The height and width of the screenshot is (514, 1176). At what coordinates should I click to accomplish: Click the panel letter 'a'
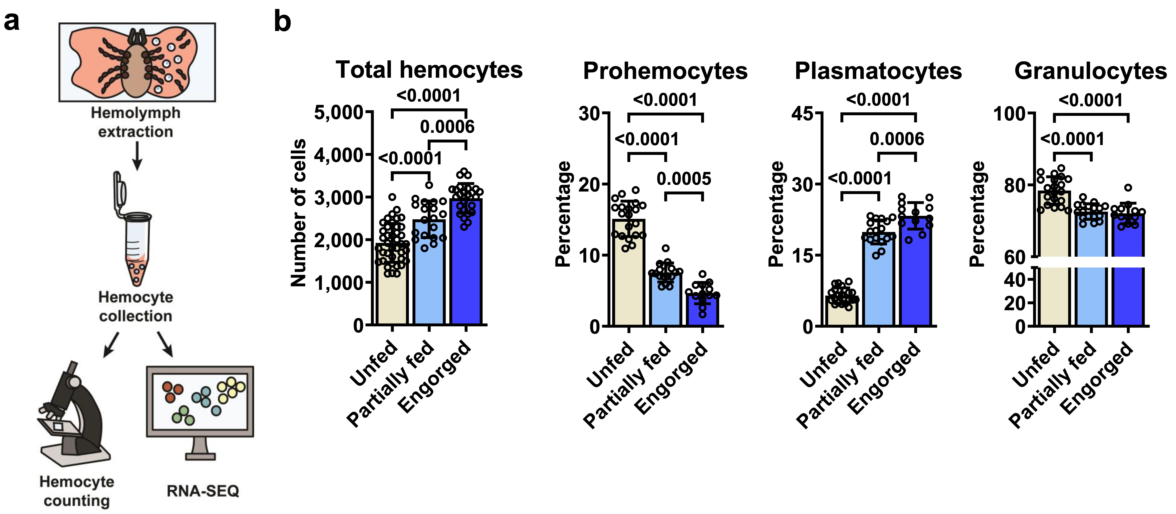coord(12,22)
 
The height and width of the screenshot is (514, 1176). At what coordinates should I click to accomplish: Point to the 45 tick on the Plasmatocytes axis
coord(802,113)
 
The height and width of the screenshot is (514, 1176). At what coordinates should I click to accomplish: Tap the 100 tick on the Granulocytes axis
coord(1010,114)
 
